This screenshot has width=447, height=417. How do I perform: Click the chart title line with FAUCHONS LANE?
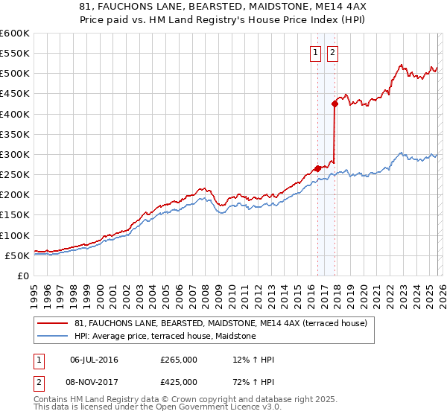[x=223, y=7]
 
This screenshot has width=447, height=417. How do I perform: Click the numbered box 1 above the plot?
[x=316, y=52]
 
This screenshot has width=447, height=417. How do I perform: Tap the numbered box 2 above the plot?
[x=332, y=52]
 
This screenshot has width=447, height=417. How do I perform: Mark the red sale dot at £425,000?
[x=335, y=104]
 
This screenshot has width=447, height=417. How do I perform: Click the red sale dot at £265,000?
[x=317, y=168]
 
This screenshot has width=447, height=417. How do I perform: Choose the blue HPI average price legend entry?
[x=165, y=337]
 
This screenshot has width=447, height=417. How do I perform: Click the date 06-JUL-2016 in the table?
[x=94, y=360]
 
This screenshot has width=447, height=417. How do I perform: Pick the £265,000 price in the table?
[x=179, y=360]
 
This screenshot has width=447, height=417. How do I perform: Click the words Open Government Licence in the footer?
[x=217, y=407]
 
